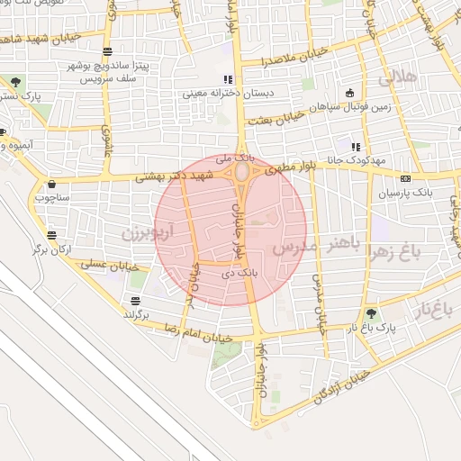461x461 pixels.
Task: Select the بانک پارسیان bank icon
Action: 404,178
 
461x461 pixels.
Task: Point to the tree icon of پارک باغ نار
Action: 371,314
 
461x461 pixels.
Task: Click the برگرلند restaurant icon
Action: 135,300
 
